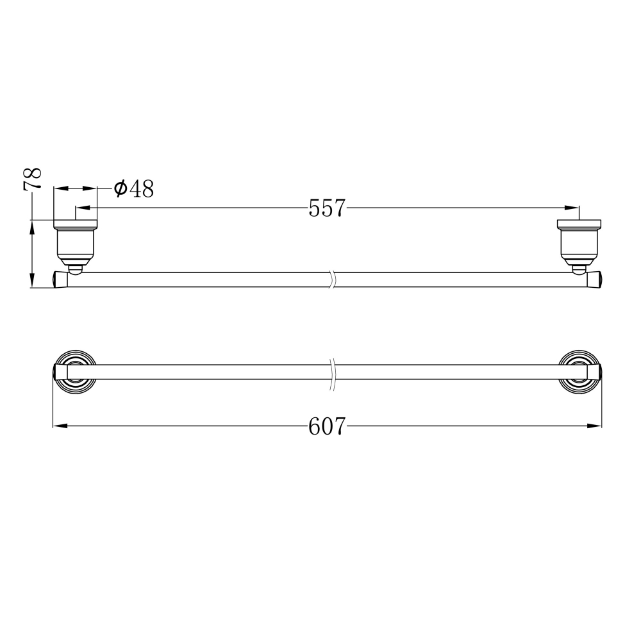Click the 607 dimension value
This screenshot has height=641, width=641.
(x=327, y=426)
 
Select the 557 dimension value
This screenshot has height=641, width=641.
(x=327, y=208)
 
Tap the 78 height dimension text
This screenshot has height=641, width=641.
(x=33, y=178)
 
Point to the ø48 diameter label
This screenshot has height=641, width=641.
(x=134, y=188)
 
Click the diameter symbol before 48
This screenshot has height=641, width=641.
(x=121, y=188)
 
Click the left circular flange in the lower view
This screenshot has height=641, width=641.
(x=76, y=372)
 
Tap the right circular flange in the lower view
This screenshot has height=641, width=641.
(x=579, y=372)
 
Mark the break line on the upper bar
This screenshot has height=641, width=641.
(x=332, y=279)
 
